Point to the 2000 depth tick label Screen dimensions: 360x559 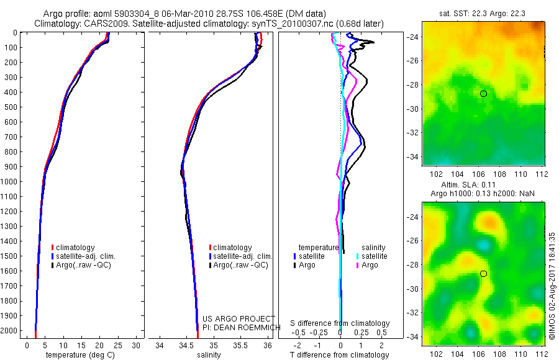click(x=11, y=331)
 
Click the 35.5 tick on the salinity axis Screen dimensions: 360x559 click(x=240, y=345)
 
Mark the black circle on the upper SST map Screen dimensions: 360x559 click(x=483, y=94)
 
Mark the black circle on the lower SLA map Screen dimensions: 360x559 click(x=483, y=274)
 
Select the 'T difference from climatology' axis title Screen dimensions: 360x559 click(x=340, y=356)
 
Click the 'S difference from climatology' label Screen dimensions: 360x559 click(x=340, y=323)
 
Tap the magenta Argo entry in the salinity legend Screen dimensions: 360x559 click(x=370, y=265)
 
